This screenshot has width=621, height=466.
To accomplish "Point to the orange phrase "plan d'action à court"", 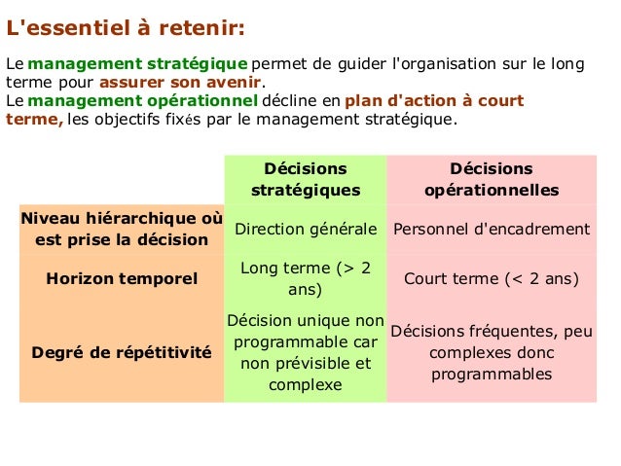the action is [433, 100].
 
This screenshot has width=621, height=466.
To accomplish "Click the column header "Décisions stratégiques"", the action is [306, 179].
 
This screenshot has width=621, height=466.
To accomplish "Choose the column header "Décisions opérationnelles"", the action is [492, 179].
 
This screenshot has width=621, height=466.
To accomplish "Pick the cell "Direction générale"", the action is [306, 230].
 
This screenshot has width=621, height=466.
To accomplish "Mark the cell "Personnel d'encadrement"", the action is [492, 230].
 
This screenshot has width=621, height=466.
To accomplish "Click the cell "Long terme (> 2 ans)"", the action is [306, 278].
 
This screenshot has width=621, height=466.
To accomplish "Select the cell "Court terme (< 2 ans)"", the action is [492, 279].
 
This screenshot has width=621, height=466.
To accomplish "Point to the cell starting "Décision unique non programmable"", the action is [306, 352].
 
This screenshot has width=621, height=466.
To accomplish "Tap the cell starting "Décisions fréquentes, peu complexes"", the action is [492, 352].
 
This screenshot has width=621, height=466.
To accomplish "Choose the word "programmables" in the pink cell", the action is [492, 374].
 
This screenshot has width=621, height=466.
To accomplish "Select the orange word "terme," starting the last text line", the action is [35, 119].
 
